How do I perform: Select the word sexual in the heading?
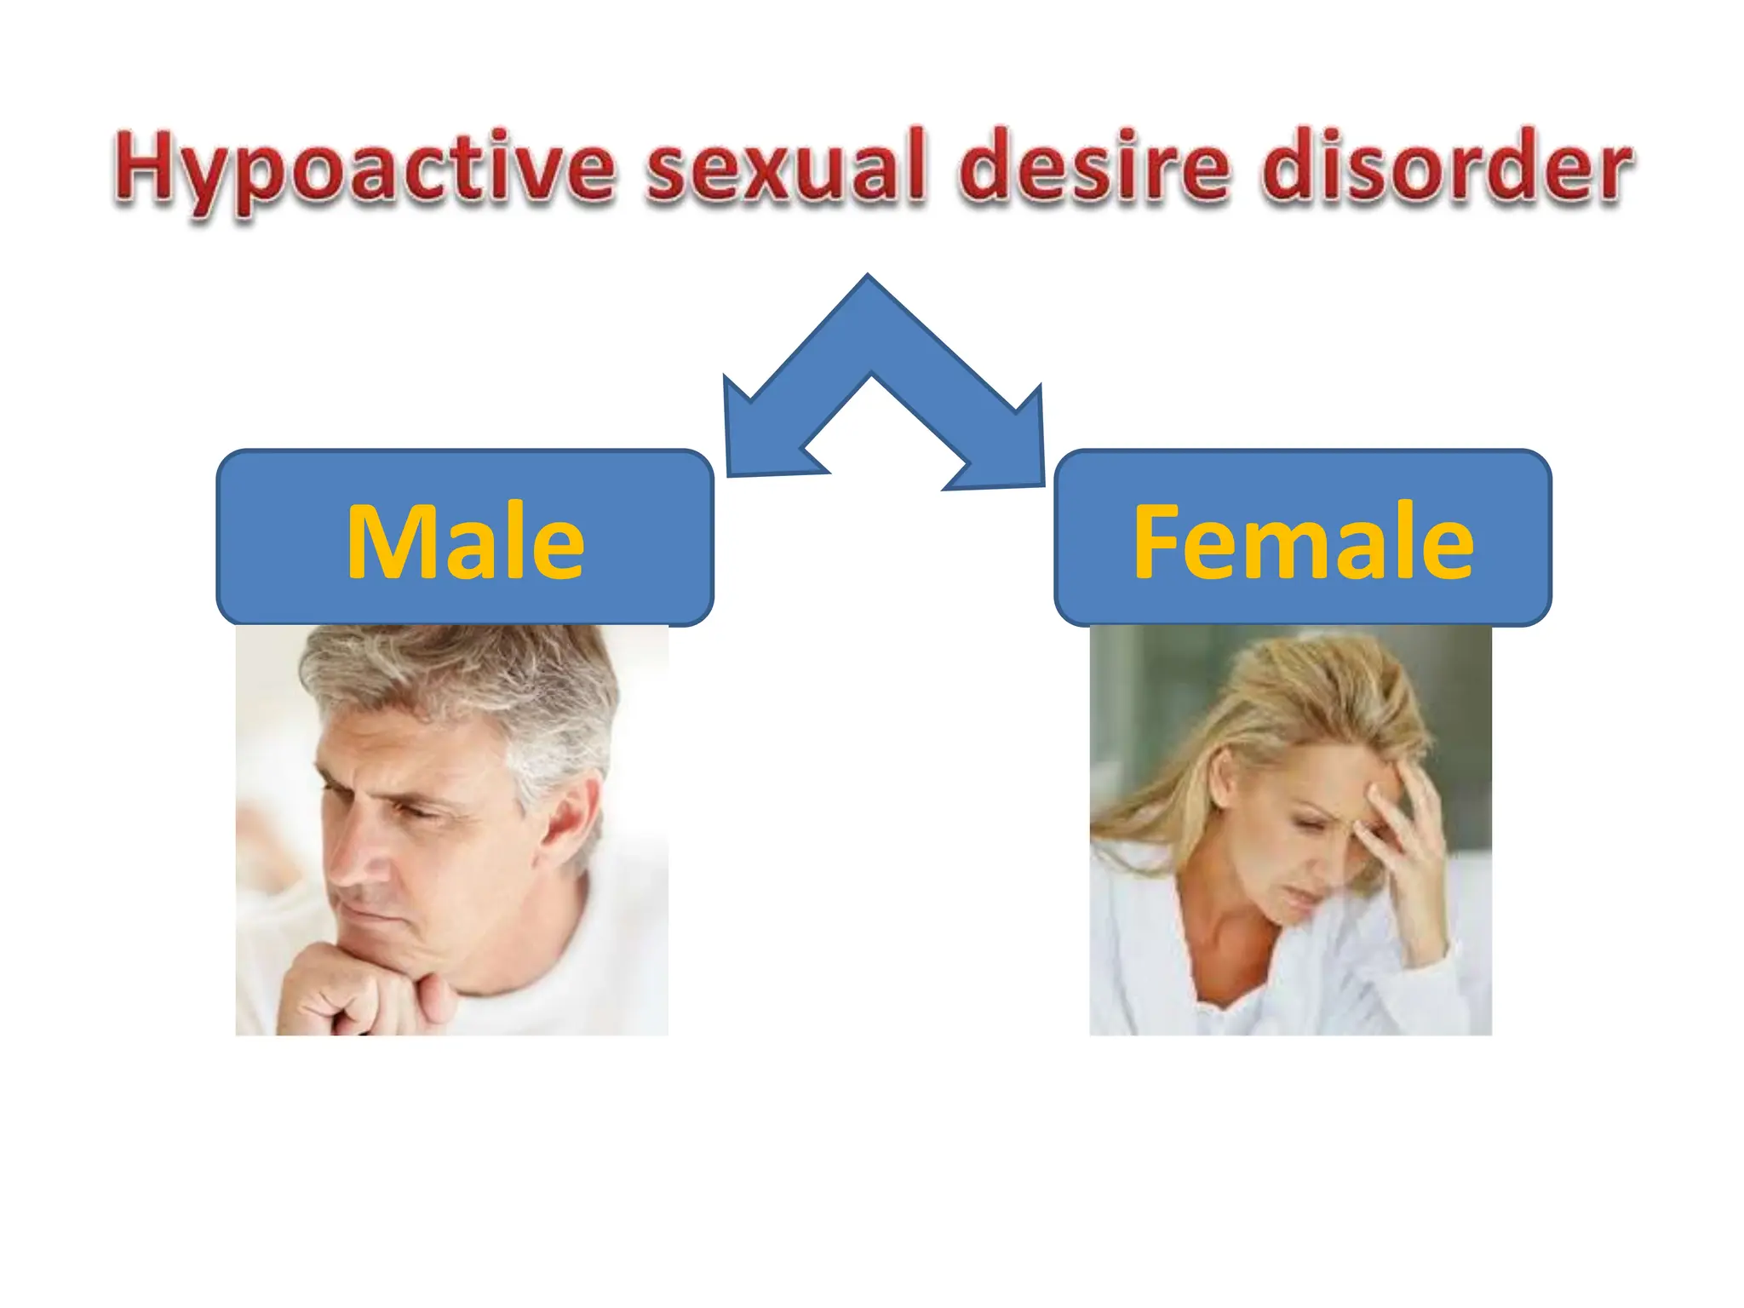pos(784,166)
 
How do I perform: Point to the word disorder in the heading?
pos(1445,166)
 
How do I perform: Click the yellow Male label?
pos(465,542)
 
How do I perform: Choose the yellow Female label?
pos(1303,542)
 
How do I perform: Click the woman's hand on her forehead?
pos(1405,817)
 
